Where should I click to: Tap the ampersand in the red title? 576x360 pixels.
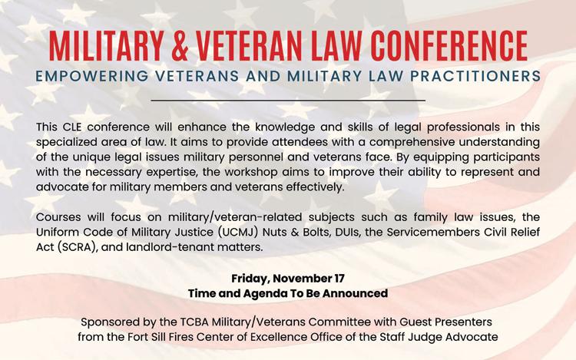click(180, 46)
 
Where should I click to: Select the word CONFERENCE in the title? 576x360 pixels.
click(449, 46)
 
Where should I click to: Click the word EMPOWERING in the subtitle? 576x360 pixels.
click(92, 76)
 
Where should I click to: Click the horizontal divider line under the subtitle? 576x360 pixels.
click(288, 100)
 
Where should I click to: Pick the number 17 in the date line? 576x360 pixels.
click(339, 279)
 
